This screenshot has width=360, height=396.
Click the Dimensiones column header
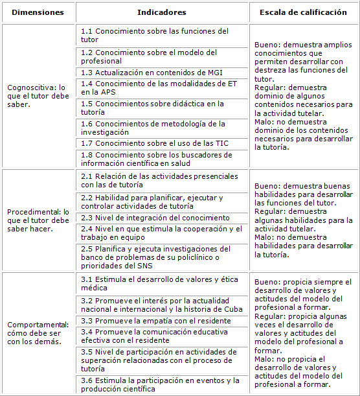(x=38, y=12)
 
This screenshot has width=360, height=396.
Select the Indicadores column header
(x=162, y=12)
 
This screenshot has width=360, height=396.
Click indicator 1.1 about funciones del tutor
(x=154, y=35)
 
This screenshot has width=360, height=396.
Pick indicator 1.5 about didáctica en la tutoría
(x=152, y=108)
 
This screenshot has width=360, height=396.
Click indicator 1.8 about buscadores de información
(x=153, y=159)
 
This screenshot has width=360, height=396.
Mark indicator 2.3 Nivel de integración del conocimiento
(x=155, y=218)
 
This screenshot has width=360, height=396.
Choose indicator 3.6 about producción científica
(x=160, y=384)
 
